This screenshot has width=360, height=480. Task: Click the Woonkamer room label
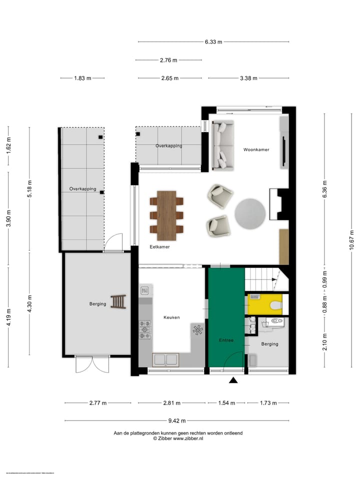tap(256, 149)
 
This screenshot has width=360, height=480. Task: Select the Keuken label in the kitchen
tap(171, 317)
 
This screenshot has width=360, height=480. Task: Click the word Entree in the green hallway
tap(226, 340)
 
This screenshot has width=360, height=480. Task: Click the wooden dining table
tap(166, 215)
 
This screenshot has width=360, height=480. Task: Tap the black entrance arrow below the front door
tap(233, 381)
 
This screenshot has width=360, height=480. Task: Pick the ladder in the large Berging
tap(119, 302)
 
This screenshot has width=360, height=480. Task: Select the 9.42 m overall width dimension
tap(176, 420)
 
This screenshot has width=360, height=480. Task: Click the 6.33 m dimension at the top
tap(213, 42)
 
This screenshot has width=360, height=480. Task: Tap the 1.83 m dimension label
tap(82, 78)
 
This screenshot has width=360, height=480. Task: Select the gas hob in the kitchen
tap(145, 329)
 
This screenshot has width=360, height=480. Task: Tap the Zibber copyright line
tap(178, 438)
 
